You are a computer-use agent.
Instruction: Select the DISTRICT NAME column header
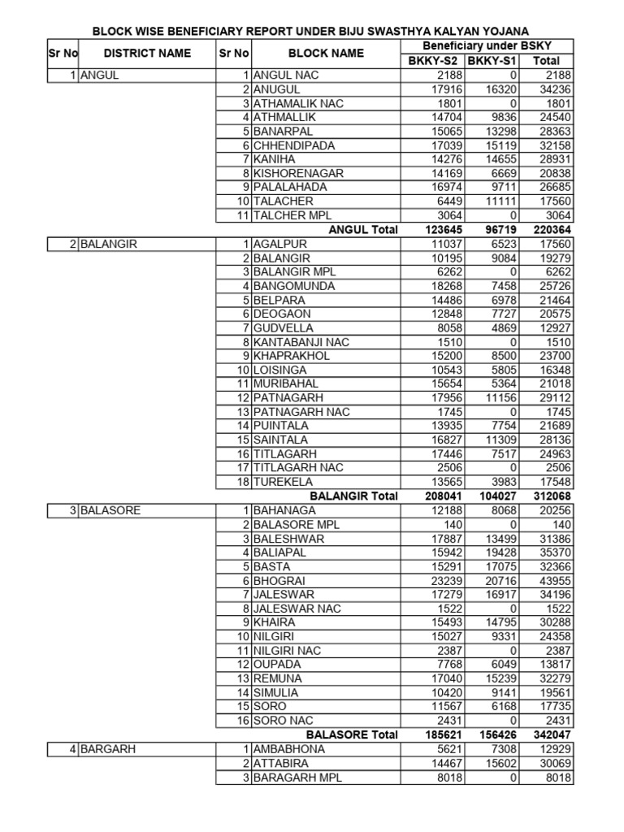(147, 54)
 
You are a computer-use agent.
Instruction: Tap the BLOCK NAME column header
(327, 54)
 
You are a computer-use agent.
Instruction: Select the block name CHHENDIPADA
(294, 145)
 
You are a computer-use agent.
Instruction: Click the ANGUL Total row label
(362, 230)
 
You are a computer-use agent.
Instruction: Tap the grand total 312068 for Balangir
(551, 496)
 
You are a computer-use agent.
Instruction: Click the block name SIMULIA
(275, 692)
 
